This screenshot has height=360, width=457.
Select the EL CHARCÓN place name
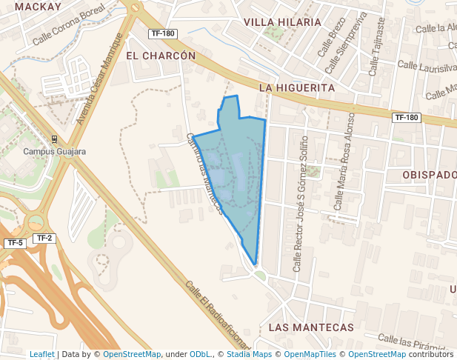click(x=161, y=56)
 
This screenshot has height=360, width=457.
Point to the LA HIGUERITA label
click(x=297, y=87)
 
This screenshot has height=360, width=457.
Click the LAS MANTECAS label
click(x=312, y=327)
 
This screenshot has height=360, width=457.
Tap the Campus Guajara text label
click(x=55, y=152)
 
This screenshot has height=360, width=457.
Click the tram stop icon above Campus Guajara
click(x=55, y=139)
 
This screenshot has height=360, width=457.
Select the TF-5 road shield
click(x=15, y=243)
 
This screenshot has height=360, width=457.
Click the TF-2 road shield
click(x=44, y=238)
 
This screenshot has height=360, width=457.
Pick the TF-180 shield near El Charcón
click(x=162, y=33)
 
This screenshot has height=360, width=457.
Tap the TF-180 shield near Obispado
click(x=407, y=117)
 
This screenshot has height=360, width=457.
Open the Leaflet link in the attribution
click(x=41, y=354)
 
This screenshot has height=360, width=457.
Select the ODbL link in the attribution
click(x=201, y=354)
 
